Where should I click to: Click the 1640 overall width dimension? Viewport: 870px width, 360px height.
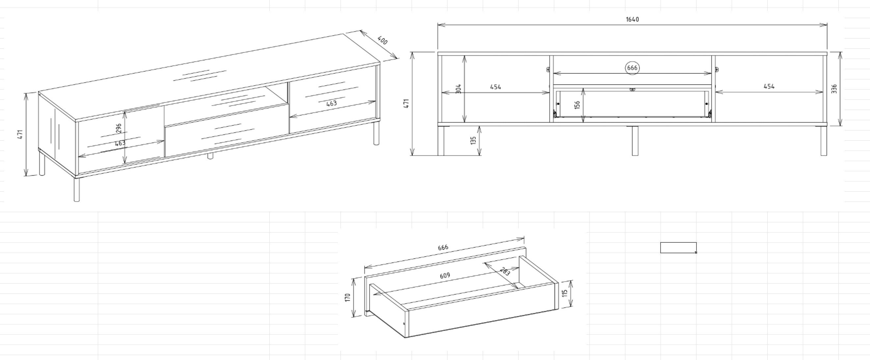[632, 19]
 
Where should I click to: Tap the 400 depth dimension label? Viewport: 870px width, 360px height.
[382, 41]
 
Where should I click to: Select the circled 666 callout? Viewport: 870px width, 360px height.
[632, 68]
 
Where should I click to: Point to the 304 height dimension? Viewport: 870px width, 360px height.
[458, 89]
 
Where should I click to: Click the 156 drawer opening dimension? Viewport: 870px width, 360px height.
[577, 105]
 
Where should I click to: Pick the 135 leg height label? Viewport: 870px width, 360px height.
[473, 141]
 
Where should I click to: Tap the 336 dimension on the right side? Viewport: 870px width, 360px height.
[834, 89]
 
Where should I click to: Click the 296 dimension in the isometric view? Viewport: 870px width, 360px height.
[119, 128]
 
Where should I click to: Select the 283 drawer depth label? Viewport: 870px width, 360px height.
[504, 271]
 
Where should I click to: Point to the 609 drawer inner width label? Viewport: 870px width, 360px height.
[445, 276]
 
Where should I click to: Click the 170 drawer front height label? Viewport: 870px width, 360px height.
[348, 297]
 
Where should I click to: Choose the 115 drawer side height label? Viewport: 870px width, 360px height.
[564, 293]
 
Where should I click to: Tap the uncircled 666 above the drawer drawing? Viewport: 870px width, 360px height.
[443, 247]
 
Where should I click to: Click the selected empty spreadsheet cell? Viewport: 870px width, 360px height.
[678, 248]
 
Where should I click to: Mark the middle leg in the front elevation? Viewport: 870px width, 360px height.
[635, 141]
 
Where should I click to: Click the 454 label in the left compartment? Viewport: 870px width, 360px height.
[496, 87]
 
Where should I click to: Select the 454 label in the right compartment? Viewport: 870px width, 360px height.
[769, 86]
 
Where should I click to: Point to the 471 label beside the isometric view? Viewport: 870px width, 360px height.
[20, 134]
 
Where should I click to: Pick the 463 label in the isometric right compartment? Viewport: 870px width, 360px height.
[331, 103]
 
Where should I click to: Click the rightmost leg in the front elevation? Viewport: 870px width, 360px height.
[824, 141]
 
